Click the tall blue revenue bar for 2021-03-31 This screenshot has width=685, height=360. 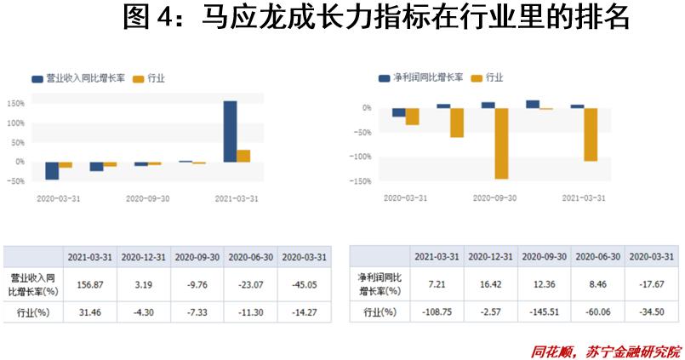(x=230, y=131)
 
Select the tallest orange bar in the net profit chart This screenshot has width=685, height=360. (x=501, y=143)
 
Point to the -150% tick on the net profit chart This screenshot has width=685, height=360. (x=362, y=180)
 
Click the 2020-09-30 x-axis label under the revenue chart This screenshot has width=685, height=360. (x=148, y=197)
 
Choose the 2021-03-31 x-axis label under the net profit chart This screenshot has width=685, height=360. (x=584, y=197)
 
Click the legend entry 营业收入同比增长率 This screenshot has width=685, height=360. (x=81, y=78)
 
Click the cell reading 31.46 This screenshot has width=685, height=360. (x=92, y=312)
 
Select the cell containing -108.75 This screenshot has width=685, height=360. (x=437, y=312)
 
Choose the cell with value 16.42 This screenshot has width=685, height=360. (x=490, y=283)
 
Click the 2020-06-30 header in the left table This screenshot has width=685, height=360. (x=250, y=256)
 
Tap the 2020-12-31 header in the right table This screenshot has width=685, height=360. (x=490, y=256)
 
